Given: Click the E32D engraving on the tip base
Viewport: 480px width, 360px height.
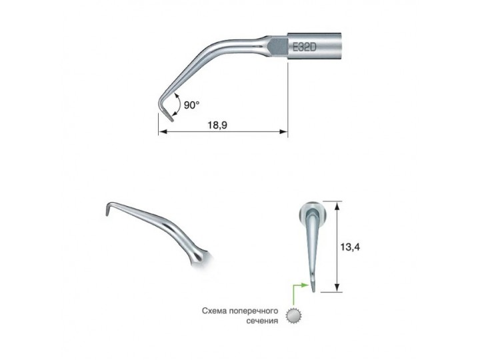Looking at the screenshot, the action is [304, 47].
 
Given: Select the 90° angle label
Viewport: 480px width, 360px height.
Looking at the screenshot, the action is [191, 105].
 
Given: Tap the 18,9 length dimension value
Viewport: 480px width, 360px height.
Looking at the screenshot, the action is [217, 125].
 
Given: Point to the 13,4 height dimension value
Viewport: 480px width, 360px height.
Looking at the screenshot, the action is [350, 247].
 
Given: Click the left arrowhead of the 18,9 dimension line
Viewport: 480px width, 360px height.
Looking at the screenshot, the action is [162, 132].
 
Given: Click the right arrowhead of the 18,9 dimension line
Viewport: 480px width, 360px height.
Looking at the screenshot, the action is [284, 132].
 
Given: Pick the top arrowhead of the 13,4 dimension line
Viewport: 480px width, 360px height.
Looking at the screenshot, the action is [337, 206].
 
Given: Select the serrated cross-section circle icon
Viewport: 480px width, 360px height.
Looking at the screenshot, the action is [293, 316].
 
